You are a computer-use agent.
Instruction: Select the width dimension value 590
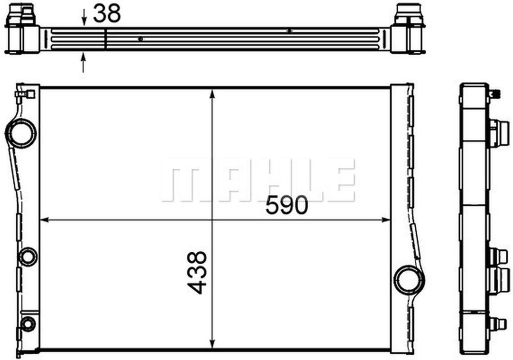coord(287,205)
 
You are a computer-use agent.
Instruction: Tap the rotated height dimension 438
coord(198,272)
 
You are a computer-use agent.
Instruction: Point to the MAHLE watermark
coord(258,180)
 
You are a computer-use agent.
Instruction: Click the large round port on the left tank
coord(22,133)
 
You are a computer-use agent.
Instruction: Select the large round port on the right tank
coord(408,280)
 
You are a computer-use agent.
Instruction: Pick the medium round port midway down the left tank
coord(28,256)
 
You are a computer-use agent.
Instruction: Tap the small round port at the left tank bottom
coord(28,324)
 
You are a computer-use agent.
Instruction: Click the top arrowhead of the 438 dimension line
coord(212,93)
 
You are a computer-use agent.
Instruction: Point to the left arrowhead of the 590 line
coord(44,219)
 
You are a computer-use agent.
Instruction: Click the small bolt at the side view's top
coord(494,94)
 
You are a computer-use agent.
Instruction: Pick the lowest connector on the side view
coord(497,324)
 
